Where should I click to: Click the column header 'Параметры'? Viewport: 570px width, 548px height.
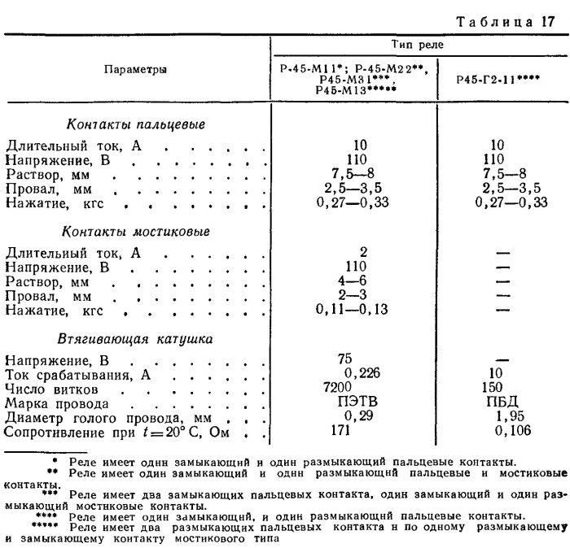click(x=136, y=70)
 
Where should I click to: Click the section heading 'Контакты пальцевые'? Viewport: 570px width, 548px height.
click(x=134, y=126)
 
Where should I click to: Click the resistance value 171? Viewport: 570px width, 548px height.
click(x=360, y=430)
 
